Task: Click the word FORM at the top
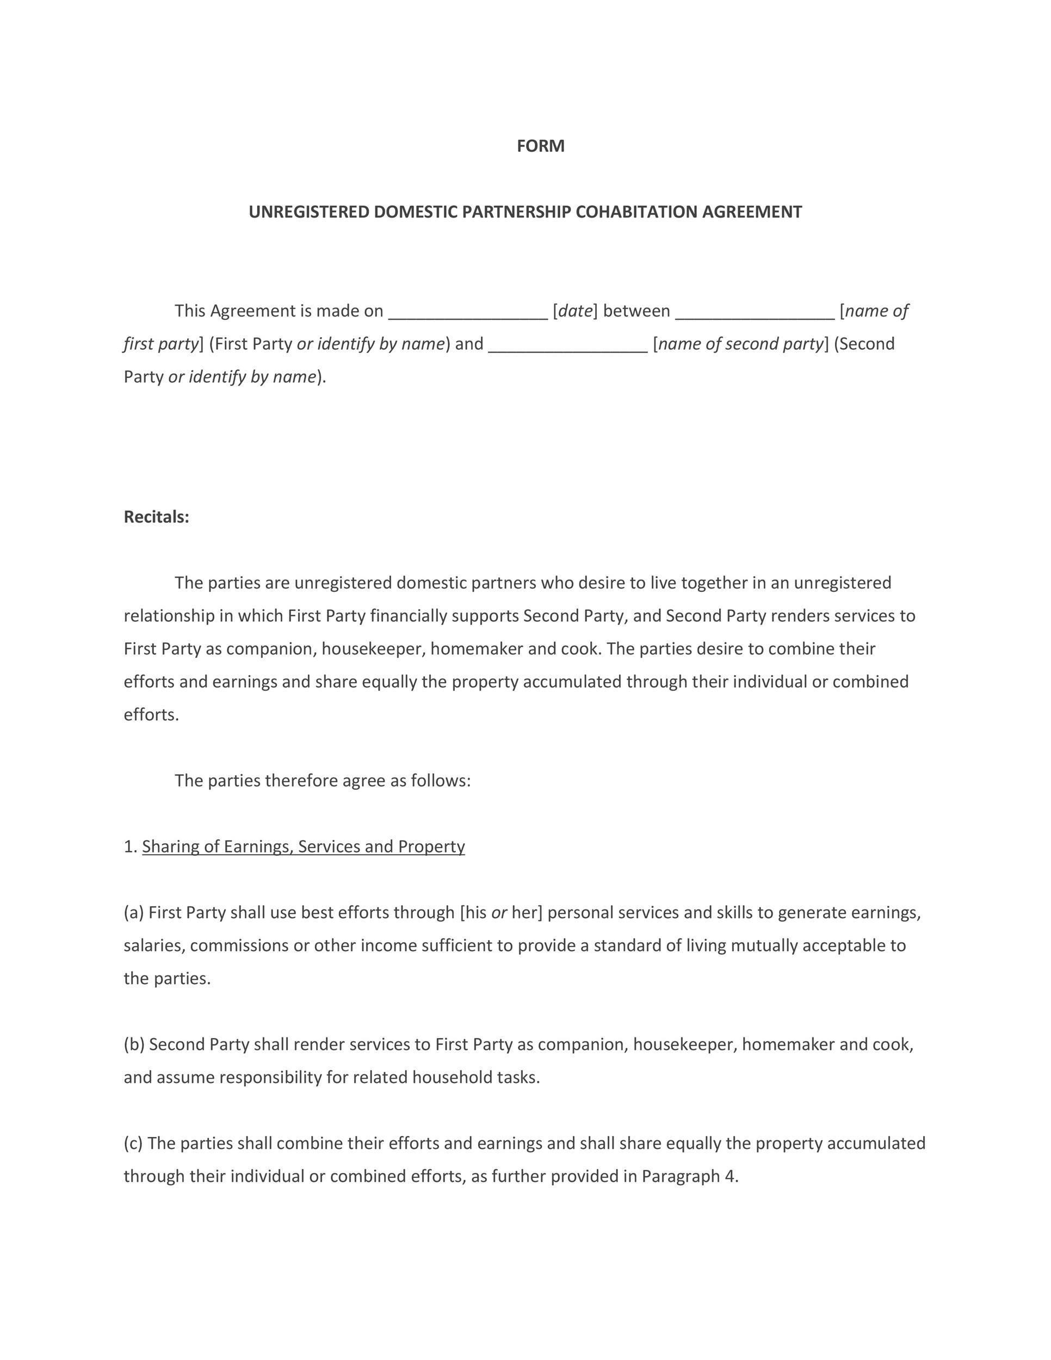click(x=540, y=146)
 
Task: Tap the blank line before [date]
click(x=468, y=312)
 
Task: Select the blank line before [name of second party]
click(x=568, y=345)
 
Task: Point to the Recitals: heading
click(x=156, y=517)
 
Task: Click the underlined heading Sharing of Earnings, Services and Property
click(x=303, y=846)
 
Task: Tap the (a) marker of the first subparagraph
click(x=134, y=912)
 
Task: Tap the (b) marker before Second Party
click(x=134, y=1044)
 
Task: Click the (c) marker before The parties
click(x=133, y=1143)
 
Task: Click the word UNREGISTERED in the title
click(x=309, y=212)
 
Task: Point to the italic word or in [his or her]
click(x=499, y=913)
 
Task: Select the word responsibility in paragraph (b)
click(x=270, y=1077)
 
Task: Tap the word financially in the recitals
click(x=408, y=616)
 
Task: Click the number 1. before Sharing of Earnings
click(x=130, y=846)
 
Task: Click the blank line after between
click(x=755, y=312)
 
